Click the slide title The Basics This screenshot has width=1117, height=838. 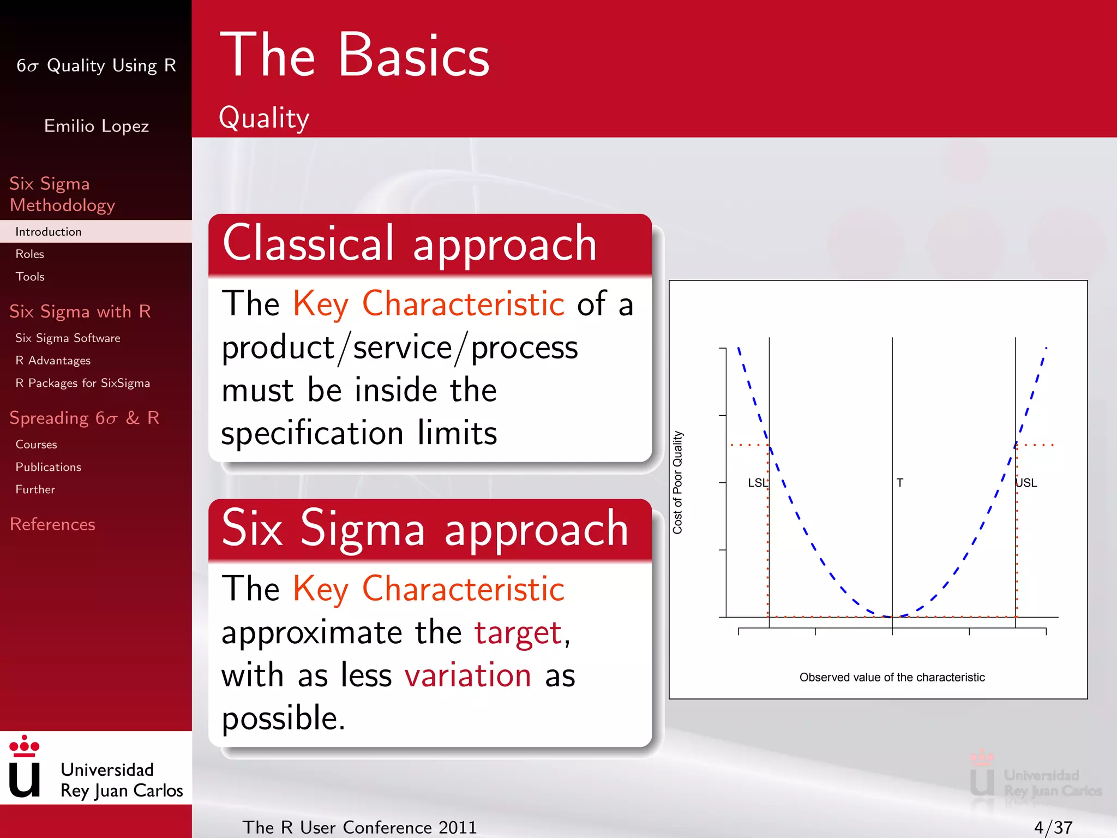pos(355,56)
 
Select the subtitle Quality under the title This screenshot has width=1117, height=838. pos(264,118)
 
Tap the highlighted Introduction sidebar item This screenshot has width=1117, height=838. pos(49,232)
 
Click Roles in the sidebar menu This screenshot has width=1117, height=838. pos(30,254)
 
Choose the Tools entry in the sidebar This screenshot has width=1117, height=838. pos(30,277)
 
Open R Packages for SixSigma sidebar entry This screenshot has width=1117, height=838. pos(82,383)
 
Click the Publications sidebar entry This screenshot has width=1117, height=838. pos(48,467)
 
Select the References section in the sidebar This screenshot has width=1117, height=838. pos(52,524)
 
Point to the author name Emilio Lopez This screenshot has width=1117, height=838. pos(97,126)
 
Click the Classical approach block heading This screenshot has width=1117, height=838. pos(409,244)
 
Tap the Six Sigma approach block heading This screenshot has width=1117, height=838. pos(425,529)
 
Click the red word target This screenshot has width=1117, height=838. pos(518,633)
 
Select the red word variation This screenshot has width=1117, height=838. pos(468,675)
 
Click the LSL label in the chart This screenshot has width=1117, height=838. pos(757,483)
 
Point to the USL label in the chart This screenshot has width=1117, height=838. pos(1026,483)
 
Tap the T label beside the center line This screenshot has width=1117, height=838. pos(900,483)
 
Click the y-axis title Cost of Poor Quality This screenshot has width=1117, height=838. pos(677,482)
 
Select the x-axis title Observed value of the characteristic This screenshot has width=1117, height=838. pos(892,678)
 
